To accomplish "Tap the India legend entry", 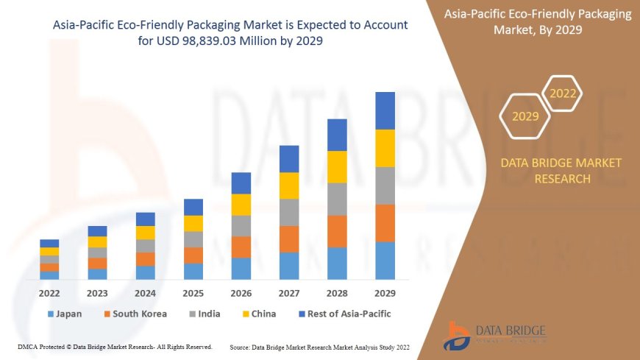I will click(204, 314).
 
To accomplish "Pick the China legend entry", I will click(259, 314).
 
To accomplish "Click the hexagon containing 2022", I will click(563, 94).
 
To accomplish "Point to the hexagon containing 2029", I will click(525, 116).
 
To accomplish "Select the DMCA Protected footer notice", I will click(115, 347).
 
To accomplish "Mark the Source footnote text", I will click(320, 347).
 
